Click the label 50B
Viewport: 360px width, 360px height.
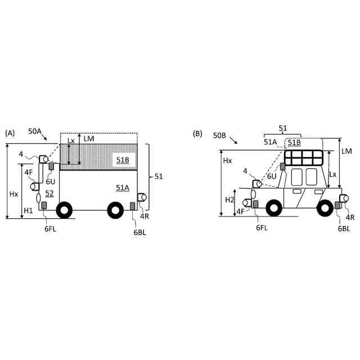pyautogui.click(x=219, y=136)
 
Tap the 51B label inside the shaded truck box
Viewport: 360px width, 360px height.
pyautogui.click(x=123, y=160)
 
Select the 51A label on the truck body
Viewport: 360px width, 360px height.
pyautogui.click(x=123, y=187)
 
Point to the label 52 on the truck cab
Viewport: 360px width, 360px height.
pyautogui.click(x=49, y=193)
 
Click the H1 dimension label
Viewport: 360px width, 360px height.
pyautogui.click(x=28, y=210)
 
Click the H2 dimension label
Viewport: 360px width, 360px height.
pyautogui.click(x=229, y=200)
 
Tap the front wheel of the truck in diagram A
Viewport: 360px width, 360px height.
pyautogui.click(x=65, y=210)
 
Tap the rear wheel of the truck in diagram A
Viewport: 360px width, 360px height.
pyautogui.click(x=115, y=210)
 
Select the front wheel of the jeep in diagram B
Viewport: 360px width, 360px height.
pyautogui.click(x=274, y=208)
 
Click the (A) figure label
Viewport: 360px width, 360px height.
pyautogui.click(x=10, y=133)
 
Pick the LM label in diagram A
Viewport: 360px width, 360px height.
pyautogui.click(x=88, y=138)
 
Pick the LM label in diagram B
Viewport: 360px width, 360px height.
pyautogui.click(x=346, y=151)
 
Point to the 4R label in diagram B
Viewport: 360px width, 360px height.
pyautogui.click(x=350, y=217)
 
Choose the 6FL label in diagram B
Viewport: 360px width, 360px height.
pyautogui.click(x=262, y=227)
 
